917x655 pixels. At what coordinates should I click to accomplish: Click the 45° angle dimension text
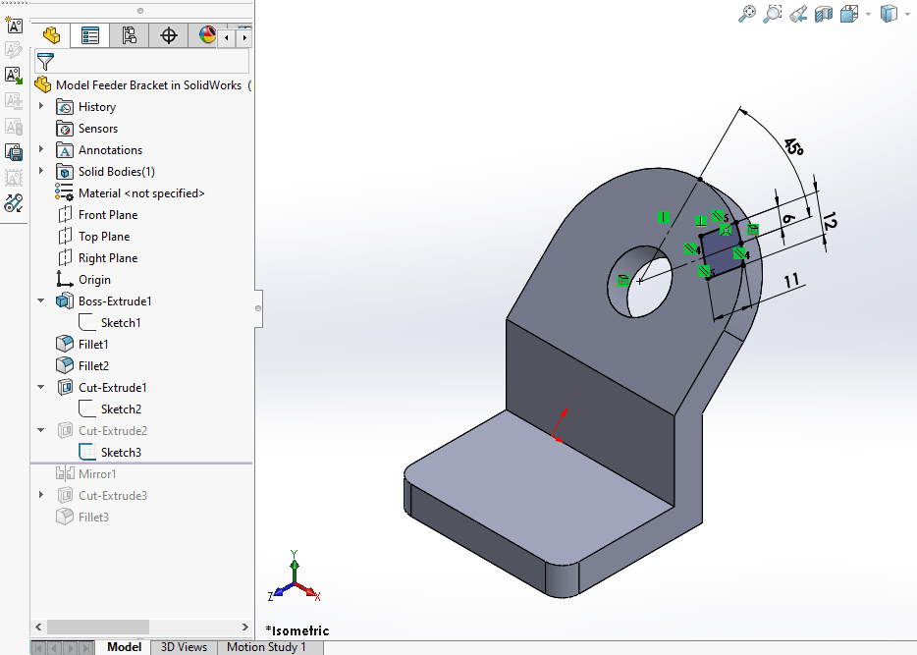point(793,146)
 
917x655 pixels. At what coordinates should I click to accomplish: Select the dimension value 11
point(794,282)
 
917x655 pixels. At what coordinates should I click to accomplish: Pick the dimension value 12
point(829,222)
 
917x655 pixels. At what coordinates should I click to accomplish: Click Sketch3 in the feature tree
point(121,453)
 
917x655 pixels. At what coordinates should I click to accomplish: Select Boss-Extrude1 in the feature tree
point(115,301)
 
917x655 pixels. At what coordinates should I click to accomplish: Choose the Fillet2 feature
point(93,366)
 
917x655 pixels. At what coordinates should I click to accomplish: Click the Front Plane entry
point(107,215)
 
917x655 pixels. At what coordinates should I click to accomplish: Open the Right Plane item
point(107,258)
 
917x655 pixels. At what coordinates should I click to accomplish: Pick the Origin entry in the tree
point(94,280)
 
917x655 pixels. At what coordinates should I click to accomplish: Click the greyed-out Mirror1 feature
point(97,474)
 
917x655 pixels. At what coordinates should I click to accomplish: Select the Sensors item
point(97,129)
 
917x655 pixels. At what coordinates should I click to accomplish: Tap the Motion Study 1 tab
point(266,647)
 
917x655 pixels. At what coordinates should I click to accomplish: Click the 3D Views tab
point(184,647)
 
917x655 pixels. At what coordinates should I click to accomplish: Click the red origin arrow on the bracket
point(560,424)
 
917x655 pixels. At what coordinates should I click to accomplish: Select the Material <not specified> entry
point(141,193)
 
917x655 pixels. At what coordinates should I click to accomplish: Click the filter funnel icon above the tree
point(45,61)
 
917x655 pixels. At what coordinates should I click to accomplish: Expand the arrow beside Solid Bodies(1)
point(41,172)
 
